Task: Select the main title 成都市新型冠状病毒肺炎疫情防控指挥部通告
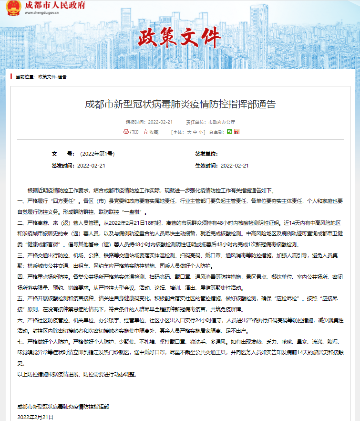point(180,105)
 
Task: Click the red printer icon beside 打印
point(126,132)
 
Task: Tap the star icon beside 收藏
point(145,132)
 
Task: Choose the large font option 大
point(189,132)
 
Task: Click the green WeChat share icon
point(229,131)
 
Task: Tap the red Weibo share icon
point(236,131)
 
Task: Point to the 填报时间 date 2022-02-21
point(160,122)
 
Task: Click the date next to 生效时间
point(235,166)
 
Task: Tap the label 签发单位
point(206,154)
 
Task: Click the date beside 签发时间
point(91,166)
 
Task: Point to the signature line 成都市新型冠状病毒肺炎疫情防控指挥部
point(63,407)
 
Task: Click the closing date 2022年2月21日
point(35,417)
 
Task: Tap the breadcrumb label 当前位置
point(25,77)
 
